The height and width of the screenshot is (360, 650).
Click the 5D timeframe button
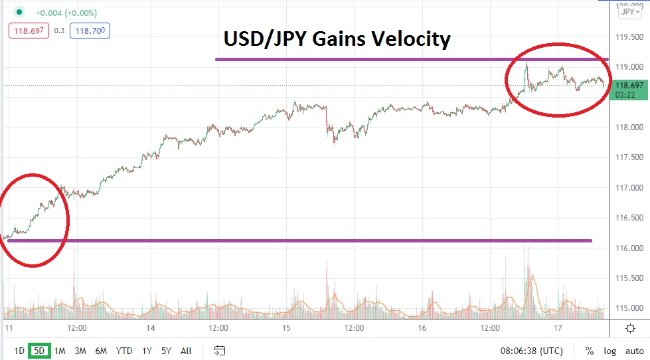coord(39,351)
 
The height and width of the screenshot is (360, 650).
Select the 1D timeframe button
coord(19,351)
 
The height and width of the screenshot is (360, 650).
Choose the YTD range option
coord(123,351)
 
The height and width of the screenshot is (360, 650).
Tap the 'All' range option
coord(186,351)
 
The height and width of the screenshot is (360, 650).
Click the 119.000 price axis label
coord(629,67)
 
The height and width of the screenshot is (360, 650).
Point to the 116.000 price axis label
coord(629,248)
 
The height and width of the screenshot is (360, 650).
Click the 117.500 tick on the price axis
coord(629,157)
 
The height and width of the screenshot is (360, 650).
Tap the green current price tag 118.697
coord(628,86)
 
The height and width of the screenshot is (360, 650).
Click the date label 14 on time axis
coord(151,328)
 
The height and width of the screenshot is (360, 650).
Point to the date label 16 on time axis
coord(421,328)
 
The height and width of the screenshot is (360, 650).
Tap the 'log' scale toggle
coord(609,351)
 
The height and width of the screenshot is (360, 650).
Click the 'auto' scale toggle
coord(633,351)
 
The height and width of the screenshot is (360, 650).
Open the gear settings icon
coord(629,328)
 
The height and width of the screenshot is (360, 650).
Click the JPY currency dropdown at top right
coord(628,11)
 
